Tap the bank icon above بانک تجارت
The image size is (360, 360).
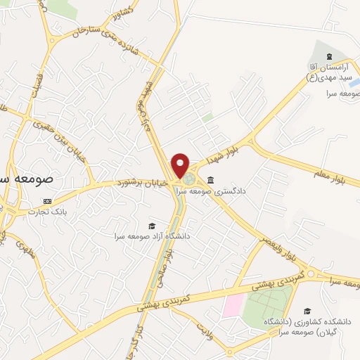[48, 200]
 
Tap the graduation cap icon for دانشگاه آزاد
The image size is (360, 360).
[151, 226]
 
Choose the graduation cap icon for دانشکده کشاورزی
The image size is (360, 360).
[306, 311]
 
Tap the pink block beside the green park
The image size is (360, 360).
[234, 306]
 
